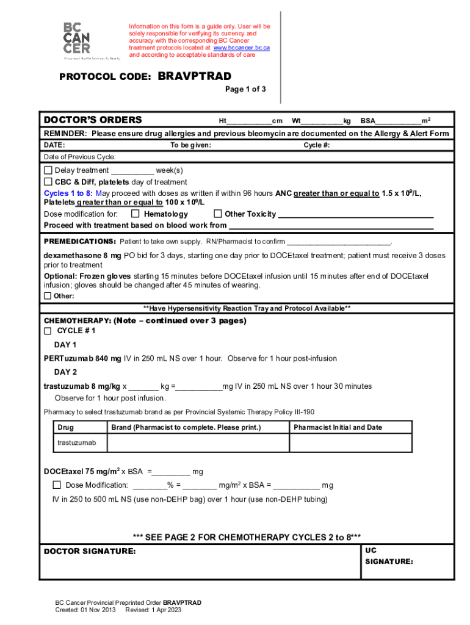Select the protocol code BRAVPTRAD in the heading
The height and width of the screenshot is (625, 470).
click(195, 76)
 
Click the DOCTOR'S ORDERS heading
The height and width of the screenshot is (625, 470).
click(93, 120)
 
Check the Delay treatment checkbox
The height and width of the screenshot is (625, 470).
click(48, 170)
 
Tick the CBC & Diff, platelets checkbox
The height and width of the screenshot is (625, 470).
click(48, 182)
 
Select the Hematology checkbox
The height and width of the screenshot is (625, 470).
click(136, 214)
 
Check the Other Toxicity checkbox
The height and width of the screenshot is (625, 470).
click(217, 214)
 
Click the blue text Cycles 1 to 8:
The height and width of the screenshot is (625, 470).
click(67, 193)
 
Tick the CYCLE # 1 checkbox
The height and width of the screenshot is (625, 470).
click(48, 331)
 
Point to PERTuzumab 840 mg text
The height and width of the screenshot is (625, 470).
click(82, 359)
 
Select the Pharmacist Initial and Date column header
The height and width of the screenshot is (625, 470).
click(338, 427)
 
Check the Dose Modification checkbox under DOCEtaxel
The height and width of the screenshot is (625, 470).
click(57, 485)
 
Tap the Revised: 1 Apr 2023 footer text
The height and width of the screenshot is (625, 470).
click(153, 610)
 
